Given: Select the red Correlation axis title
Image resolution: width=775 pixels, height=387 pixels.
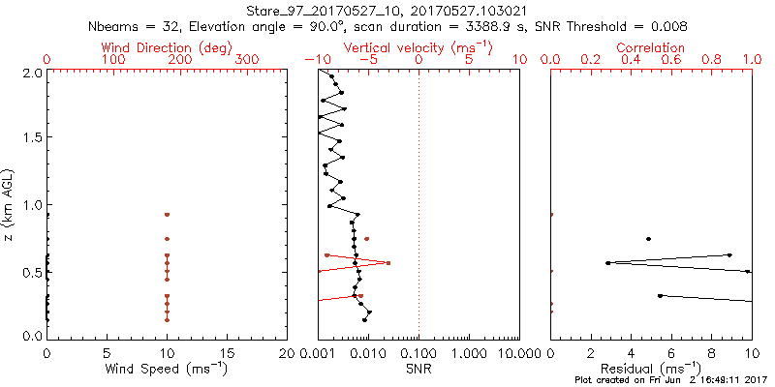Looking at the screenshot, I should [650, 47].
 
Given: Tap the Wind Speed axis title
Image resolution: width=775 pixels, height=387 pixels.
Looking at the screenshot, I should [167, 369].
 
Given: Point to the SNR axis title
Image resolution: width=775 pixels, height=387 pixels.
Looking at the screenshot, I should [418, 369].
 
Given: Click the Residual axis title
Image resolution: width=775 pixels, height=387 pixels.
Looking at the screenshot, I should [650, 369].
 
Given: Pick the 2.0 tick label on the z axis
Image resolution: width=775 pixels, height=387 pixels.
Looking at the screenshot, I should [31, 73].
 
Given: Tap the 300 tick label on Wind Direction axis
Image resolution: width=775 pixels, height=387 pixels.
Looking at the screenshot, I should [248, 60].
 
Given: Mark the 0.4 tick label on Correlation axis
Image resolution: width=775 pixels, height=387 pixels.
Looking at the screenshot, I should [631, 60].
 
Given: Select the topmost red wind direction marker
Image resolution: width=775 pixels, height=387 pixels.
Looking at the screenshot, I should [167, 214].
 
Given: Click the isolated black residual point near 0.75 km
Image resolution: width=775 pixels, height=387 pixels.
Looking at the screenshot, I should [648, 238].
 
